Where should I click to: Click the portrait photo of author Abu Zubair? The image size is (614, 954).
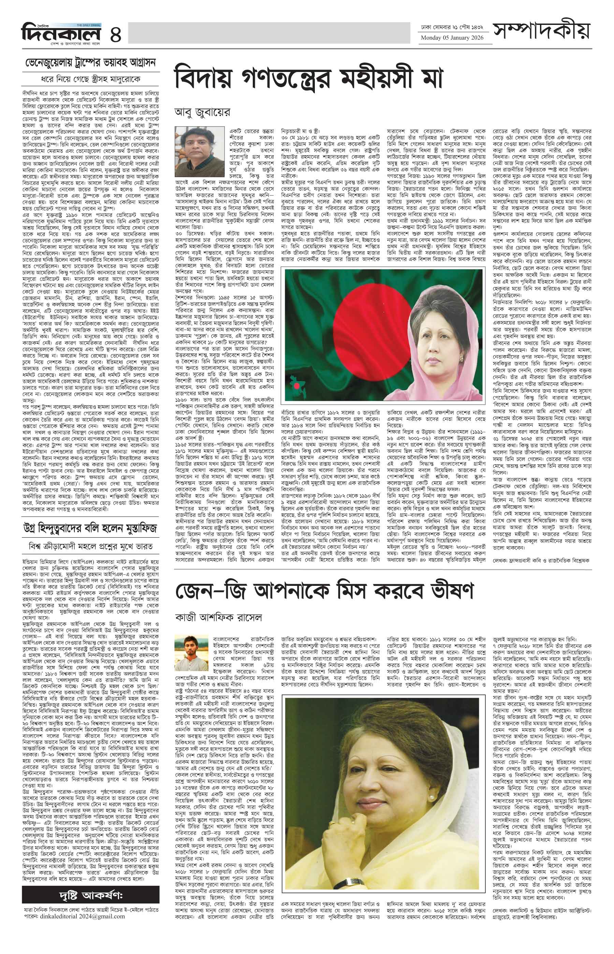coord(198,147)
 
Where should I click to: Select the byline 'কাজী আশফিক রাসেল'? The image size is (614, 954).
coord(219,618)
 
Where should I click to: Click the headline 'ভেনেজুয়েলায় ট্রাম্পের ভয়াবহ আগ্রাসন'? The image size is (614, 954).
coord(90,63)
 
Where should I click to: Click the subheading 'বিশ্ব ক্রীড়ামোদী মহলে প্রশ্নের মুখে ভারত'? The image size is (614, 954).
coord(90,546)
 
